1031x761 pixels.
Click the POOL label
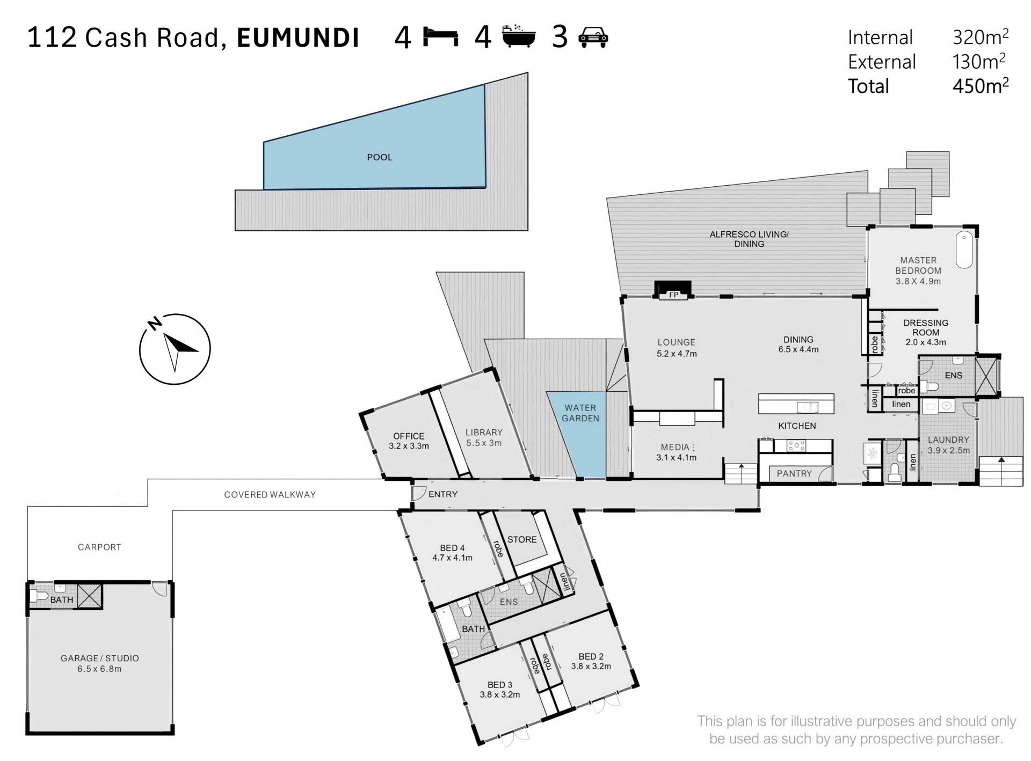(380, 157)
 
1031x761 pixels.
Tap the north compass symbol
(175, 348)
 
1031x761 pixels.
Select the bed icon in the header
(441, 37)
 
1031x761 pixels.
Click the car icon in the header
(593, 37)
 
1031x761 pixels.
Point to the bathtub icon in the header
(519, 36)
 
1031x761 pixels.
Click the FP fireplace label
(673, 295)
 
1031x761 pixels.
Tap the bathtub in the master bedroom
(964, 250)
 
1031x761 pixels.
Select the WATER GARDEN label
(580, 413)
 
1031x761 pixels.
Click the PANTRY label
(794, 473)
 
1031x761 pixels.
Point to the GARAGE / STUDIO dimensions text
(100, 669)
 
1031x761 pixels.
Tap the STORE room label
(522, 539)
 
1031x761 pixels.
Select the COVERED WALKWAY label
(270, 495)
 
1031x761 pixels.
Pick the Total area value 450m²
(981, 86)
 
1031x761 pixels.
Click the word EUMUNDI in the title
(298, 38)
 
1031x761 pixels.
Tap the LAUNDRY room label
(949, 440)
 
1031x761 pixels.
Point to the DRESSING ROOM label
(926, 327)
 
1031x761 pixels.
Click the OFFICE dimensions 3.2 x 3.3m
(409, 446)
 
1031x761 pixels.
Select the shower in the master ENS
(985, 376)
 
